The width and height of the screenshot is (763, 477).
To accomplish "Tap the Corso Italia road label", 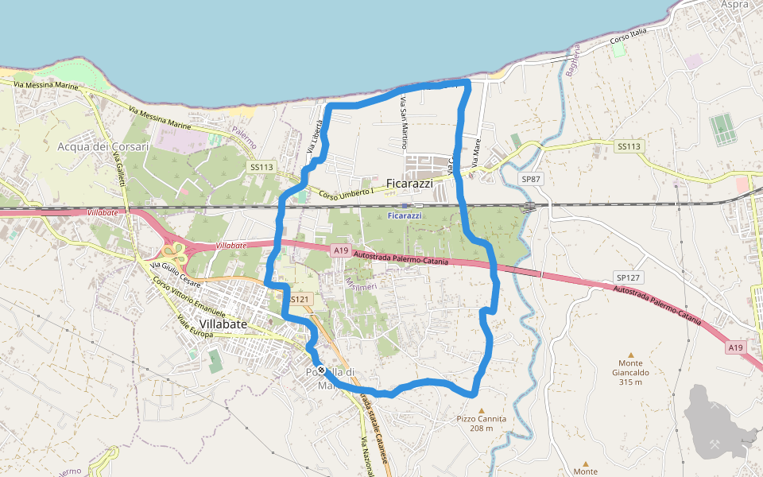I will point(629,36).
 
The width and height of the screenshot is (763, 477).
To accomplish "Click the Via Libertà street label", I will point(316,136).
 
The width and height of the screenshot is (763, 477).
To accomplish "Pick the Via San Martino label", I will point(404,123).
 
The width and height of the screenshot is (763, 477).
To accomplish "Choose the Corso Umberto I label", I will point(346,193).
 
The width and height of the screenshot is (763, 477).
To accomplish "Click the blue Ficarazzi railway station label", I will point(405,215).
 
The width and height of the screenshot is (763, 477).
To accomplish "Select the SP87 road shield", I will point(531,180).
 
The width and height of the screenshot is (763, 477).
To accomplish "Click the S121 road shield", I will point(299,299).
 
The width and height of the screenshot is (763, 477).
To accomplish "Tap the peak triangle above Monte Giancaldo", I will point(631,355).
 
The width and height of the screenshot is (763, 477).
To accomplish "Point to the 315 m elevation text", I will point(631,382).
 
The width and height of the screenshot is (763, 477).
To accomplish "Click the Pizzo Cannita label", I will point(481,419).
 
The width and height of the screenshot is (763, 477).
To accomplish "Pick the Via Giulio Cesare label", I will point(176,273).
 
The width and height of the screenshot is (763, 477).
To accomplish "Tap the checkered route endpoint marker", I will point(320,370).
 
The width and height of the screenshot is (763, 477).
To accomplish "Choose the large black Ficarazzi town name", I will point(409,184).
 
